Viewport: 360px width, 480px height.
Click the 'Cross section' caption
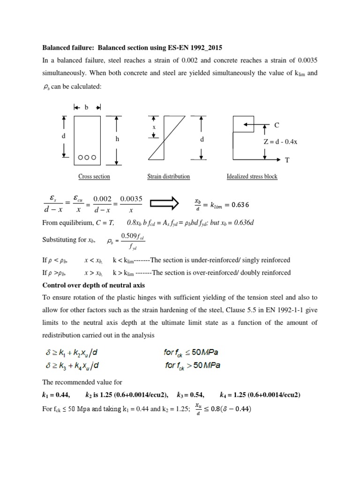pos(94,177)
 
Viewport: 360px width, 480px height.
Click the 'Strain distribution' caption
pos(168,177)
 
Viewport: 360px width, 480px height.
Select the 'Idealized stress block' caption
pos(252,177)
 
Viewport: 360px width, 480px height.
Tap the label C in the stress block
pos(277,125)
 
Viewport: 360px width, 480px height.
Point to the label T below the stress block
pos(287,160)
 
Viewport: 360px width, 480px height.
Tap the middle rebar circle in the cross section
pos(87,157)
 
